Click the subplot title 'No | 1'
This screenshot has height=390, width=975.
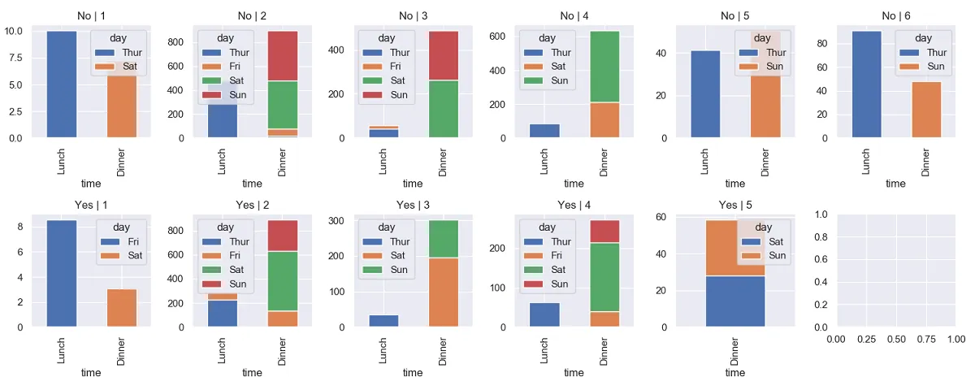[91, 15]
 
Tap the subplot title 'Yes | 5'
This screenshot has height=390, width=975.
[735, 204]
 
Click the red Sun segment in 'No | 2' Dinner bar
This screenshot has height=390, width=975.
[282, 56]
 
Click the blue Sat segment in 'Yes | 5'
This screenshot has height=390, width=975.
[735, 301]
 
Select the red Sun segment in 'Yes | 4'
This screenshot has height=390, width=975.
[604, 232]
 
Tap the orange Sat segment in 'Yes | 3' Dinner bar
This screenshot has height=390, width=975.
[444, 292]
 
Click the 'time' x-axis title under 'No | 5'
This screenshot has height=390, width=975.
[734, 184]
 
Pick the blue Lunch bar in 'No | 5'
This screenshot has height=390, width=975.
[705, 94]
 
